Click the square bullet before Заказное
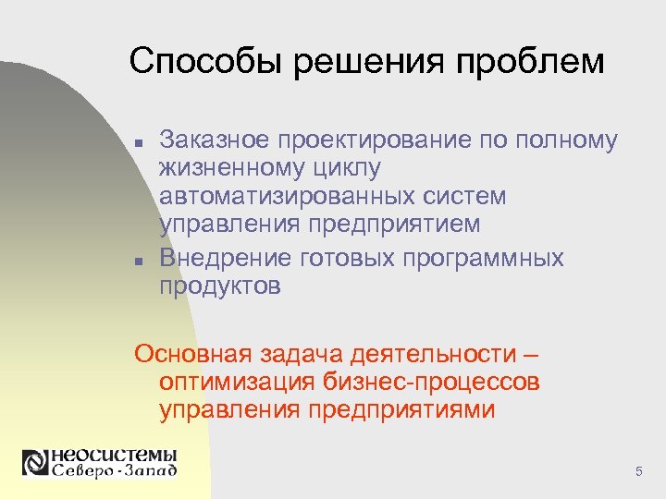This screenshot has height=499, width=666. pos(138,143)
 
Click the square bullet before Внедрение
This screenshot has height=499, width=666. pos(138,262)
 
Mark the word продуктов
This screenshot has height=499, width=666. pos(220,286)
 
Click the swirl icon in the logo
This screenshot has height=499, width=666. pos(35,462)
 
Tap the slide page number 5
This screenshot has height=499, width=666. pos(638,473)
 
